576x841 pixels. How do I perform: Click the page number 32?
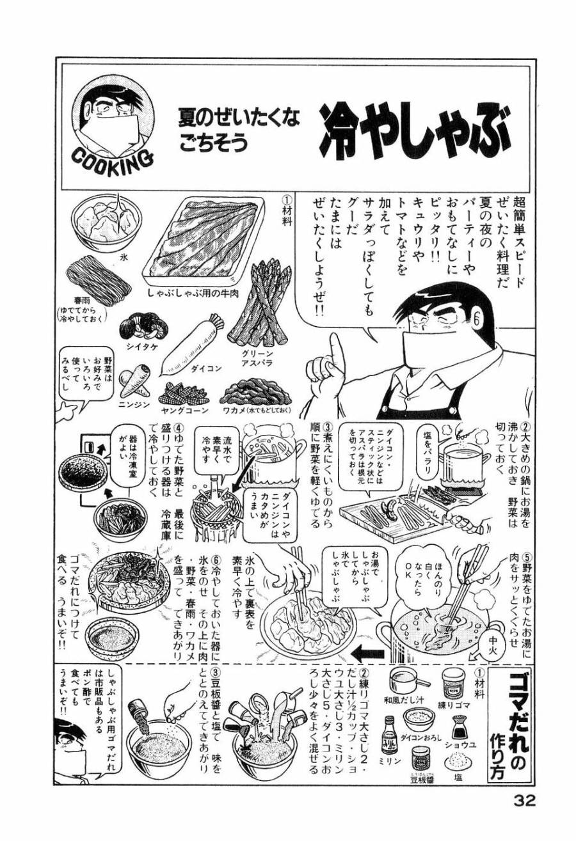coord(524,801)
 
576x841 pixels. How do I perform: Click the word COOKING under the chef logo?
coord(115,161)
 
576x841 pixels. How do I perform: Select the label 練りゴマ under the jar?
coord(452,705)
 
